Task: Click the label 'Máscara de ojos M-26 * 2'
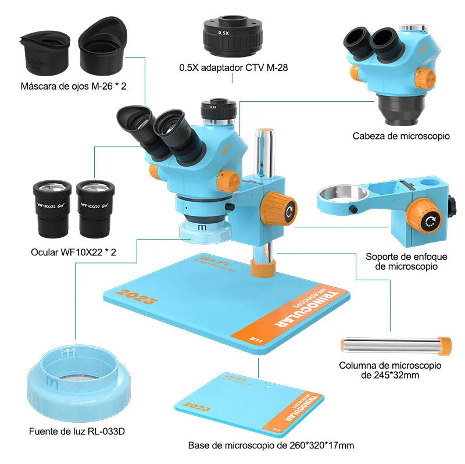[x=73, y=86]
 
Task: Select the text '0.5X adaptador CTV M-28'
[x=233, y=68]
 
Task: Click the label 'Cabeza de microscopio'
[x=401, y=136]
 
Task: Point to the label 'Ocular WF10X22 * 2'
[x=73, y=252]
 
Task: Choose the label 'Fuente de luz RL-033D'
[x=77, y=431]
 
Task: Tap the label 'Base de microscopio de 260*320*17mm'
[x=270, y=445]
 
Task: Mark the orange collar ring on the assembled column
[x=264, y=269]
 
